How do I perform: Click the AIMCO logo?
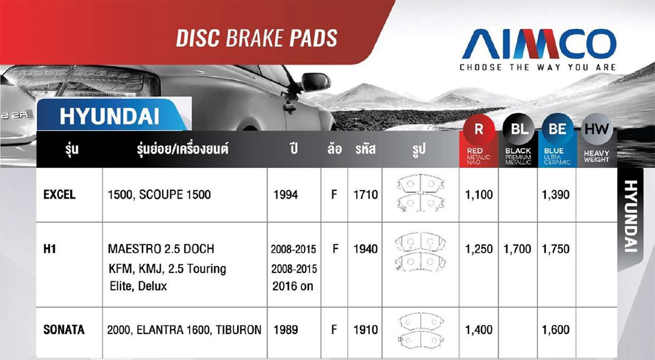tap(539, 44)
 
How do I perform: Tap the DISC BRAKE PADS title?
tap(257, 38)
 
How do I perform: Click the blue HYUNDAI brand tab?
tap(113, 115)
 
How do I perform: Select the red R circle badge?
tap(479, 129)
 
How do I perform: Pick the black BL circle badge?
tap(518, 129)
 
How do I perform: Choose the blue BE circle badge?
tap(557, 129)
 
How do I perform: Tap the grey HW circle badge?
tap(597, 129)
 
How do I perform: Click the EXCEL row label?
tap(59, 195)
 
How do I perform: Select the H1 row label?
tap(49, 249)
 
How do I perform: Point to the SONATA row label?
tap(64, 330)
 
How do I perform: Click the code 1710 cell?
tap(365, 195)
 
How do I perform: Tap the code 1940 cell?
tap(365, 249)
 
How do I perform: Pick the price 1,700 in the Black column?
tap(517, 249)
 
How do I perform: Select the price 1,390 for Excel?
tap(556, 195)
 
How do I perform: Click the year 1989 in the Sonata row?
tap(286, 330)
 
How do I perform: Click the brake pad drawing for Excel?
tap(421, 192)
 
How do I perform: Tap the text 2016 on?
tap(293, 286)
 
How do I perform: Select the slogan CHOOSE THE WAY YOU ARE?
tap(538, 67)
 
